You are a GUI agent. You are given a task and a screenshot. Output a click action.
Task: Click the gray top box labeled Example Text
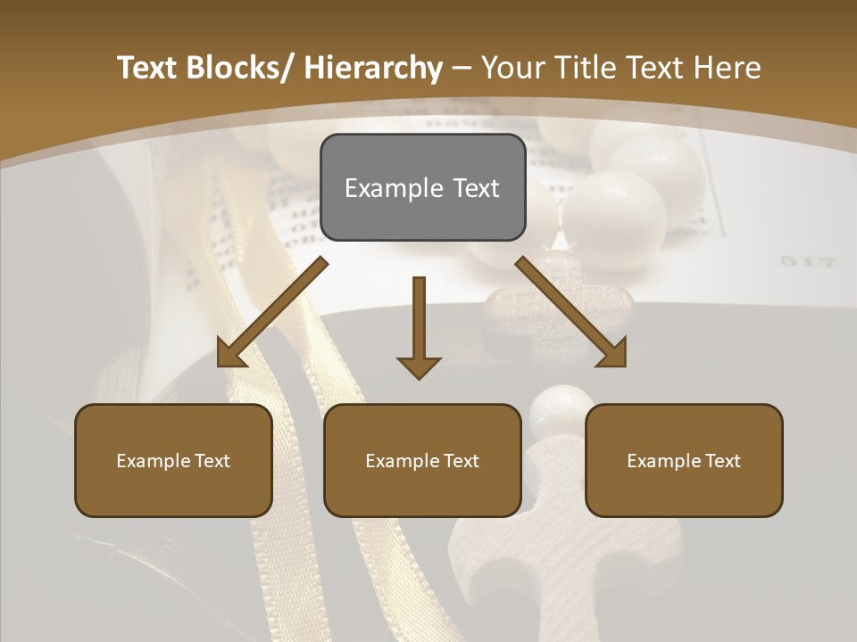click(422, 187)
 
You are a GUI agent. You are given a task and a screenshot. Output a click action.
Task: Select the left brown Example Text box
click(173, 460)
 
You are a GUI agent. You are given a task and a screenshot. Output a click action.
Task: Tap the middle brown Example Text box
click(422, 460)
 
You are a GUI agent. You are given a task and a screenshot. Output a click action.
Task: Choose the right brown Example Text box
click(684, 460)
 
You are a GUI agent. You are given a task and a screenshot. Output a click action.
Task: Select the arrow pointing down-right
click(572, 312)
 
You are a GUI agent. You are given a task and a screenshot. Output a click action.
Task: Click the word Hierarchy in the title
click(373, 68)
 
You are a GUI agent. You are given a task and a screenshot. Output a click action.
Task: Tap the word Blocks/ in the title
click(234, 68)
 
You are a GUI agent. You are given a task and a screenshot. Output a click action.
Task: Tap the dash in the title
click(462, 69)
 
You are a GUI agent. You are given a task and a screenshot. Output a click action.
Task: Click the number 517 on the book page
click(807, 262)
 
